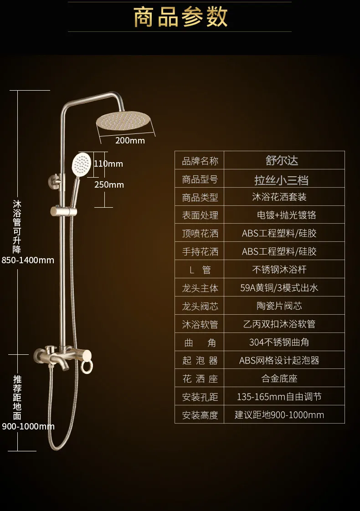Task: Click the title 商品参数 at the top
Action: (x=180, y=16)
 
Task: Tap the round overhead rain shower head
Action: (x=123, y=121)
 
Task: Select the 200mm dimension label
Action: (x=130, y=140)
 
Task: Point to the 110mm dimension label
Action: (x=108, y=164)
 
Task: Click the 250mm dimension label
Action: (x=109, y=185)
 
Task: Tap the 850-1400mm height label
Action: (x=28, y=260)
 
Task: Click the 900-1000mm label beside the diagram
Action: (x=28, y=426)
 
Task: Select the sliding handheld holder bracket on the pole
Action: (x=64, y=211)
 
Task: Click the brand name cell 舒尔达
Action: (x=282, y=160)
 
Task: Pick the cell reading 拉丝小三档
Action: (x=282, y=180)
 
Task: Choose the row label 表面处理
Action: (x=200, y=215)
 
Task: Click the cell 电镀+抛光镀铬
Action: (x=286, y=215)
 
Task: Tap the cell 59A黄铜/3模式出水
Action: (x=279, y=288)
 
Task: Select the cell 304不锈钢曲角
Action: (x=279, y=342)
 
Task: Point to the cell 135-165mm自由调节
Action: (x=279, y=397)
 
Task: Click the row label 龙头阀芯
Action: (x=200, y=306)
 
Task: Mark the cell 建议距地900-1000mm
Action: (x=279, y=415)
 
